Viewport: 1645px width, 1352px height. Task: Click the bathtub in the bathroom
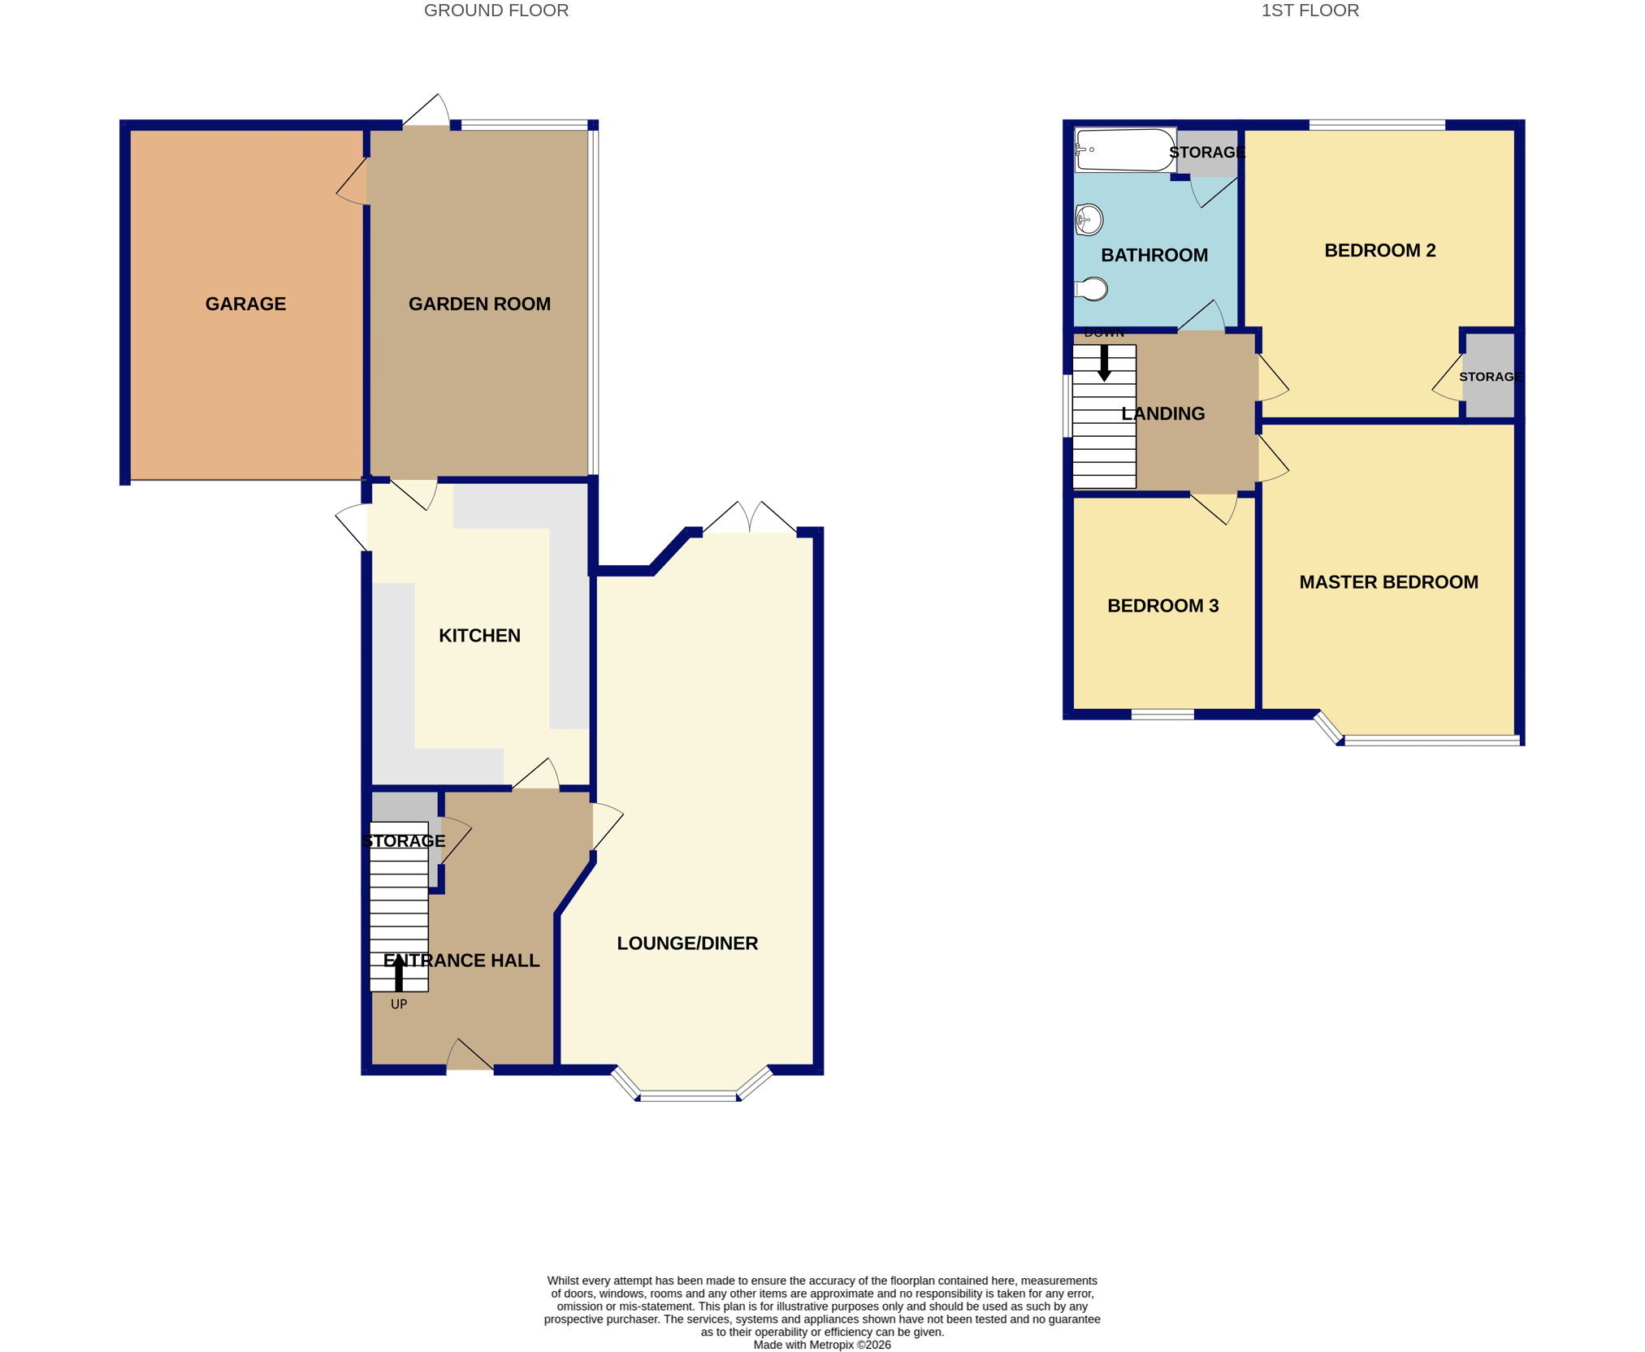pyautogui.click(x=1125, y=150)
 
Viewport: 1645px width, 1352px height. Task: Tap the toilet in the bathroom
pyautogui.click(x=1091, y=289)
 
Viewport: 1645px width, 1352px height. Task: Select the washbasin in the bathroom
pyautogui.click(x=1089, y=219)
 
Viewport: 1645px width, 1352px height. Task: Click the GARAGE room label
pyautogui.click(x=245, y=304)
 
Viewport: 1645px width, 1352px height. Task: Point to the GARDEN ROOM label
pyautogui.click(x=479, y=304)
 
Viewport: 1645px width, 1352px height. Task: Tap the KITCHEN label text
pyautogui.click(x=479, y=636)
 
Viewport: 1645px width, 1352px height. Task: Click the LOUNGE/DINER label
pyautogui.click(x=687, y=944)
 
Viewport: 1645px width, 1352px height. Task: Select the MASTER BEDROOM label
pyautogui.click(x=1388, y=582)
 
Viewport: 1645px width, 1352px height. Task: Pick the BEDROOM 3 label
pyautogui.click(x=1162, y=606)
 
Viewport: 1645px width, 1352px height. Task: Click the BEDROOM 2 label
pyautogui.click(x=1379, y=251)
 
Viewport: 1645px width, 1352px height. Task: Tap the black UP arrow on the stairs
pyautogui.click(x=398, y=973)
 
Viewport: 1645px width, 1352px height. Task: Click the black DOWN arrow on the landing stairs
pyautogui.click(x=1104, y=363)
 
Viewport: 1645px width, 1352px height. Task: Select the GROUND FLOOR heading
pyautogui.click(x=496, y=11)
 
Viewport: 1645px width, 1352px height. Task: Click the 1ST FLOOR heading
pyautogui.click(x=1310, y=11)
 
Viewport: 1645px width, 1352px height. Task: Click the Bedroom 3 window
pyautogui.click(x=1162, y=715)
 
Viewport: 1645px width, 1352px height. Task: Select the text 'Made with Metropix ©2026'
pyautogui.click(x=822, y=1345)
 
